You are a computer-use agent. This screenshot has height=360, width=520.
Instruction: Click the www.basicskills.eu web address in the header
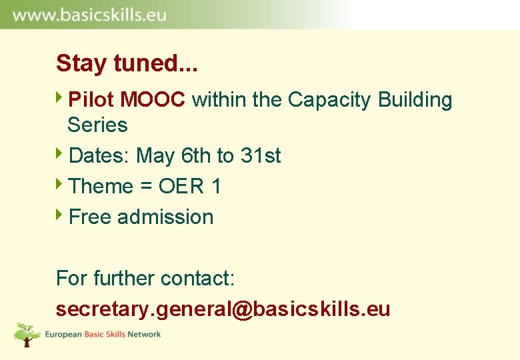89,15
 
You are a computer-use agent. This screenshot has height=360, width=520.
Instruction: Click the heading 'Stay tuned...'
127,64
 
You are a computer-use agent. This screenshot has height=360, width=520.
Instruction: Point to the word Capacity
329,100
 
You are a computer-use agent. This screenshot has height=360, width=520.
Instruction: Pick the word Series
97,125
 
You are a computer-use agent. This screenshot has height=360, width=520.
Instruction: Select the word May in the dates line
155,156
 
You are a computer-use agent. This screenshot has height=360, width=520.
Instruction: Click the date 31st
261,156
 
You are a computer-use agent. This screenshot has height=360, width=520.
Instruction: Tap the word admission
165,217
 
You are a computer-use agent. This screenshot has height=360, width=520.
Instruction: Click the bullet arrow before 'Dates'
60,155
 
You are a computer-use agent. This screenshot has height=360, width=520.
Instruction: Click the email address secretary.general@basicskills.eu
223,309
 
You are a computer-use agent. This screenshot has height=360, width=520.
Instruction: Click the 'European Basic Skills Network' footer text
103,335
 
